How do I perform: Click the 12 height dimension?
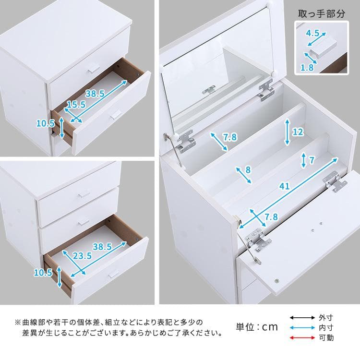click(298, 132)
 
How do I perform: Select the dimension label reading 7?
click(312, 159)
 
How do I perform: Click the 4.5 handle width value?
click(312, 33)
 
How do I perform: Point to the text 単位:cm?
click(257, 327)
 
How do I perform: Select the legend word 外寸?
click(326, 317)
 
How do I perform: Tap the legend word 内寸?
click(326, 327)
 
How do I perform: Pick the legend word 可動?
click(326, 337)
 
